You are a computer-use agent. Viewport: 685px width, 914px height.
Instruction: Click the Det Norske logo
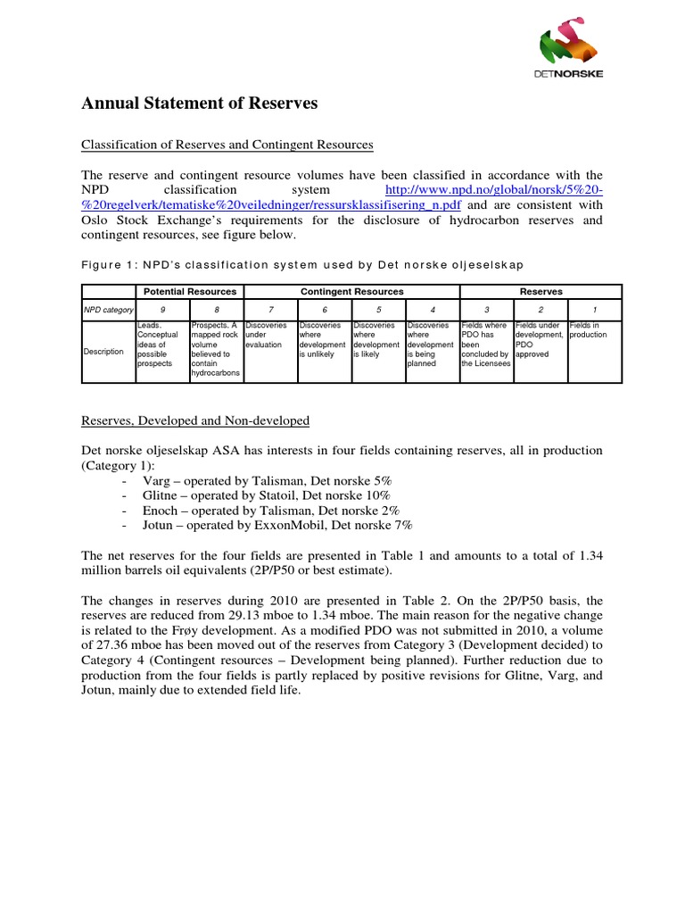[x=572, y=54]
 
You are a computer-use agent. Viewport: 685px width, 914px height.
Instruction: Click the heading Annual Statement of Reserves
[x=200, y=104]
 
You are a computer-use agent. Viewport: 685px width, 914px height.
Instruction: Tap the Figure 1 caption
[x=303, y=265]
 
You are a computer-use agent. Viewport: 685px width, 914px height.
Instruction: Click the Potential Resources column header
[x=190, y=292]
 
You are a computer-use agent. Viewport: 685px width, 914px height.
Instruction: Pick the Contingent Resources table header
[x=351, y=292]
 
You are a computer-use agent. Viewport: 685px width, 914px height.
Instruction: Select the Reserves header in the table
[x=541, y=292]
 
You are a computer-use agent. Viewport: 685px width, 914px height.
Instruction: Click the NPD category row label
[x=108, y=310]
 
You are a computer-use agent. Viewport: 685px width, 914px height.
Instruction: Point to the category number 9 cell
[x=162, y=310]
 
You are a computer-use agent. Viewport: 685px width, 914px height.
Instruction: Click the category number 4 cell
[x=432, y=310]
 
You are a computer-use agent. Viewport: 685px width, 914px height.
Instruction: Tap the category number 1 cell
[x=594, y=310]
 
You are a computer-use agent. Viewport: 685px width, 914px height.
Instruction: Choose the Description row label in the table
[x=103, y=351]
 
